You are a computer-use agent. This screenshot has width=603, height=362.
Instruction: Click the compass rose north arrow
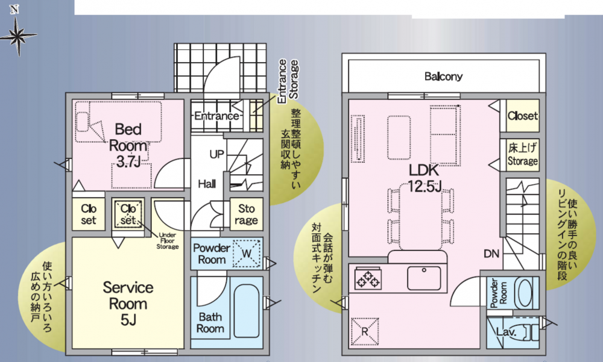coord(17,32)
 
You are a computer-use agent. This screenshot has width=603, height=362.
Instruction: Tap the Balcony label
coord(443,76)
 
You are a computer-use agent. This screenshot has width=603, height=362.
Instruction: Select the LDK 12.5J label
coord(424,178)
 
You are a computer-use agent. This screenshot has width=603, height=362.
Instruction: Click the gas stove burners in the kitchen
coord(368,279)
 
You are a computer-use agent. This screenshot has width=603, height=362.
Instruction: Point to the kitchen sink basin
coord(424,278)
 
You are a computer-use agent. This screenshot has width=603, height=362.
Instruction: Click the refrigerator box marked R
coord(365,331)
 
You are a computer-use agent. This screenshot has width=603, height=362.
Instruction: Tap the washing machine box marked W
coord(247,253)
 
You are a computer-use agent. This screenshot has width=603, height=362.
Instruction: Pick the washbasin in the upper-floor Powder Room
coord(523,292)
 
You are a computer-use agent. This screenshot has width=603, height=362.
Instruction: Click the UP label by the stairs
coord(216,154)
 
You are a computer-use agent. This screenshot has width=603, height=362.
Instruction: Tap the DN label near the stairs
coord(491,254)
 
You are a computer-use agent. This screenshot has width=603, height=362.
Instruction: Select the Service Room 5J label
coord(128,304)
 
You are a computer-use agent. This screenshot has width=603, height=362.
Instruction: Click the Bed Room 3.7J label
coord(128,145)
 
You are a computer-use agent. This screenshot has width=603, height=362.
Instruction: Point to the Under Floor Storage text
coord(168,240)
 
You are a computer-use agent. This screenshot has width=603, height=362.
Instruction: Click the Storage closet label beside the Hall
coord(246,214)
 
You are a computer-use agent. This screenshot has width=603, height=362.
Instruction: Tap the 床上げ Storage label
coord(523,154)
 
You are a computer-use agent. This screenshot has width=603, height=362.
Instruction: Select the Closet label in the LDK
coord(523,115)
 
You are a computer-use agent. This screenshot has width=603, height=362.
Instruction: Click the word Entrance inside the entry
coord(216,116)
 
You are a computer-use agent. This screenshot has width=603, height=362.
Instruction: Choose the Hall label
coord(207,184)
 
